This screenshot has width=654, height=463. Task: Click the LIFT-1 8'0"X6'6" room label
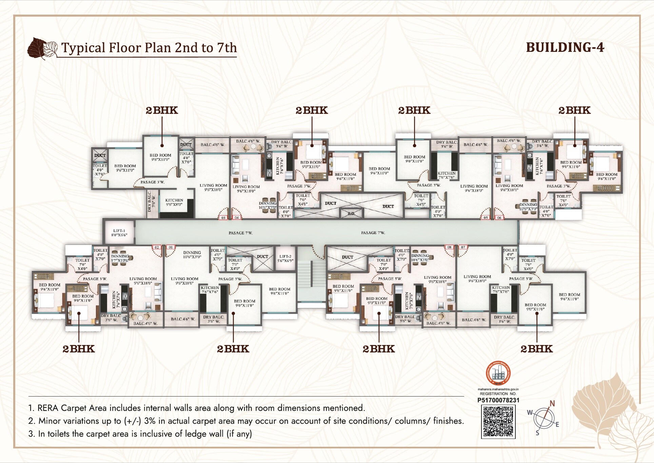click(x=119, y=233)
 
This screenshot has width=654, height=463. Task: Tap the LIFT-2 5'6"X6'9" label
click(x=285, y=258)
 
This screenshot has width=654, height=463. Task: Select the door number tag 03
click(x=223, y=218)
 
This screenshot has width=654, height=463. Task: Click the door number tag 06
click(x=499, y=218)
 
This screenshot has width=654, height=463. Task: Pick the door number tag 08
click(x=449, y=247)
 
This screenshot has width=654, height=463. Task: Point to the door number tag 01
click(x=171, y=247)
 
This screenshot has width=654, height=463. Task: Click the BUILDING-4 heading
click(x=565, y=47)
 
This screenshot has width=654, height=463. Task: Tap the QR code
click(x=498, y=422)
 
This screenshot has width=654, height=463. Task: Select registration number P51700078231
click(x=498, y=400)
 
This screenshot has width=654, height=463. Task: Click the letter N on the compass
click(x=552, y=404)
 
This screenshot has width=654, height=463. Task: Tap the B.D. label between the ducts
click(x=352, y=214)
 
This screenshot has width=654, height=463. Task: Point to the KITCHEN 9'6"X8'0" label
click(x=174, y=202)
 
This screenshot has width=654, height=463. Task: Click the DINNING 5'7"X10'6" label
click(x=120, y=258)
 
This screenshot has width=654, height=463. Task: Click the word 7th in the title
click(x=226, y=48)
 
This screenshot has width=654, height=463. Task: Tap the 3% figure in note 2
click(x=150, y=421)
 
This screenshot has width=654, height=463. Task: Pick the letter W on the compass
click(x=530, y=413)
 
